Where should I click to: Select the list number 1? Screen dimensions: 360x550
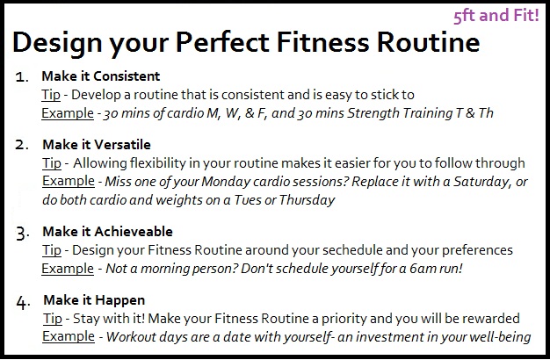point(23,77)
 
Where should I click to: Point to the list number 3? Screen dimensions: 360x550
point(24,234)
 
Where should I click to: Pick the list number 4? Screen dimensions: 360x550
point(24,303)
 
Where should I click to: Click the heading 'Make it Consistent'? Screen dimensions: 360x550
point(101,76)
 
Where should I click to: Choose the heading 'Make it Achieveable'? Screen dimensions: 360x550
point(107,233)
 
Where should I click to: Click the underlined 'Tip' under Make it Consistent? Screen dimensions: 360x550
point(50,94)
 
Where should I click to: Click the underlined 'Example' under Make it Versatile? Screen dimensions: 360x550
point(67,180)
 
